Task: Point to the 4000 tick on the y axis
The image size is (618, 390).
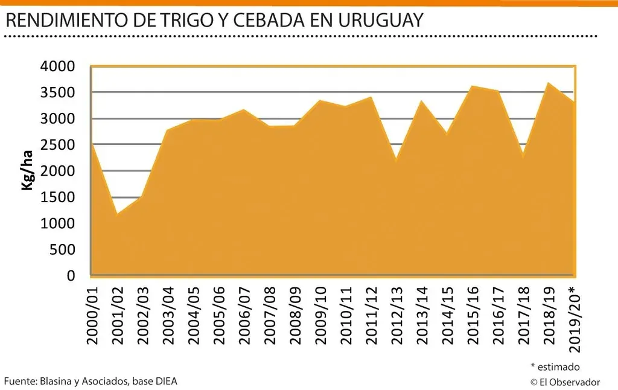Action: (x=59, y=66)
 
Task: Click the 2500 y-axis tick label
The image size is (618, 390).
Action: (x=59, y=145)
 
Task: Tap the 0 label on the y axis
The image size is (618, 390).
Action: (x=72, y=276)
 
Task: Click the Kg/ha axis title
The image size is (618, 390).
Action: (x=27, y=171)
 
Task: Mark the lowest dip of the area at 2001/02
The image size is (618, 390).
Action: (x=116, y=213)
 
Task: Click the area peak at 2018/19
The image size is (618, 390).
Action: (x=547, y=83)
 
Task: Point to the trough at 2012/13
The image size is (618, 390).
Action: (x=395, y=161)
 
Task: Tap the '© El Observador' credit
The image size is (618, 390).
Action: (x=565, y=382)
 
